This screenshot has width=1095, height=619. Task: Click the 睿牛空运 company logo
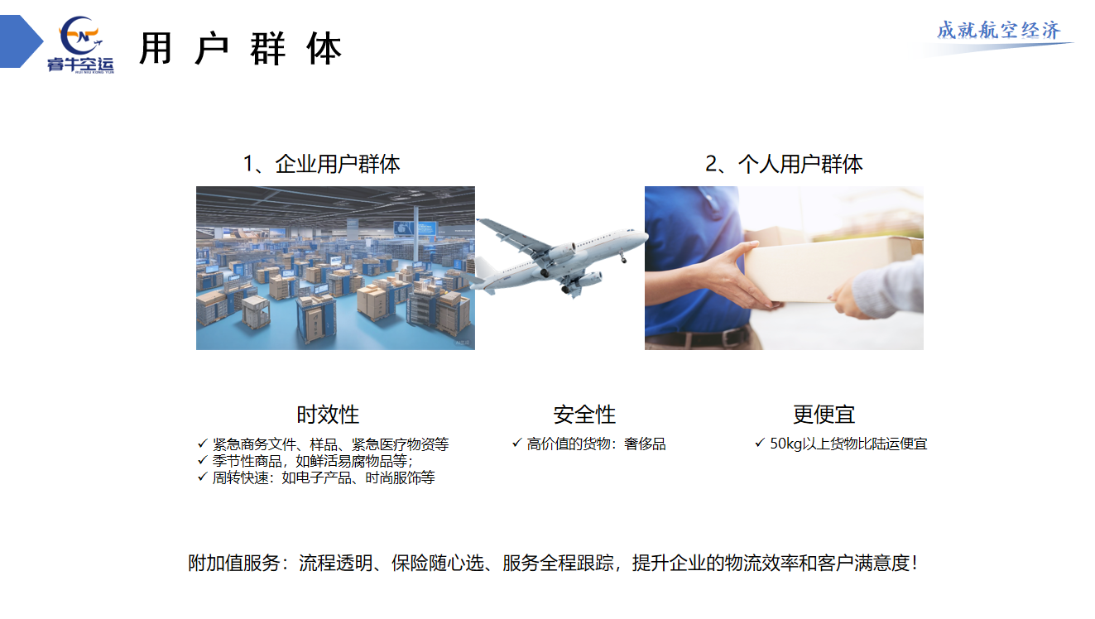(80, 44)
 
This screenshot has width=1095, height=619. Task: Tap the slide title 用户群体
(241, 48)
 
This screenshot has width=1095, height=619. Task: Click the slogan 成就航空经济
(998, 31)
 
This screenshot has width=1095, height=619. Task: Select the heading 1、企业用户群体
(322, 164)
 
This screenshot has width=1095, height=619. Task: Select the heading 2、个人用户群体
(784, 164)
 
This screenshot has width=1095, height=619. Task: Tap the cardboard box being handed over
(831, 269)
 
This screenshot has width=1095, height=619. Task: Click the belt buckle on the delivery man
(732, 337)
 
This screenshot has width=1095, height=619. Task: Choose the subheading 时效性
(328, 415)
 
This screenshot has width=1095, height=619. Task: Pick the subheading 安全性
(584, 415)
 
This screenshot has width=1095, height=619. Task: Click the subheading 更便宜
(824, 415)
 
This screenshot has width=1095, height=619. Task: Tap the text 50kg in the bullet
(786, 444)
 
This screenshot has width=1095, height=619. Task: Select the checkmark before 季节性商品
(203, 460)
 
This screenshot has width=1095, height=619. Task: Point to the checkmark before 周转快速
(203, 477)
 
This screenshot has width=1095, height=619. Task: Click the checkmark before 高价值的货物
(516, 443)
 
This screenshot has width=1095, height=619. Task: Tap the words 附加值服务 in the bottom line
(233, 563)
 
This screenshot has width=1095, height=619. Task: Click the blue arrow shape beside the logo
(22, 41)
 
